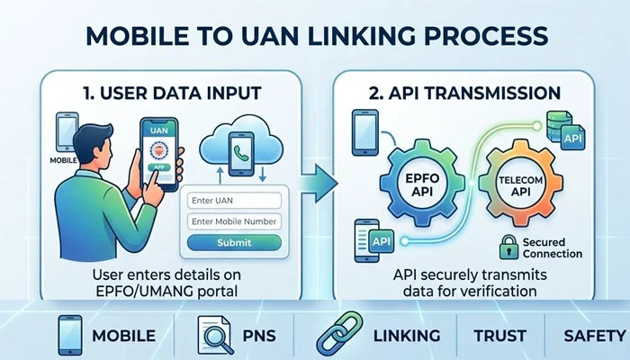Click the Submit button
click(235, 243)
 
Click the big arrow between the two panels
click(316, 184)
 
